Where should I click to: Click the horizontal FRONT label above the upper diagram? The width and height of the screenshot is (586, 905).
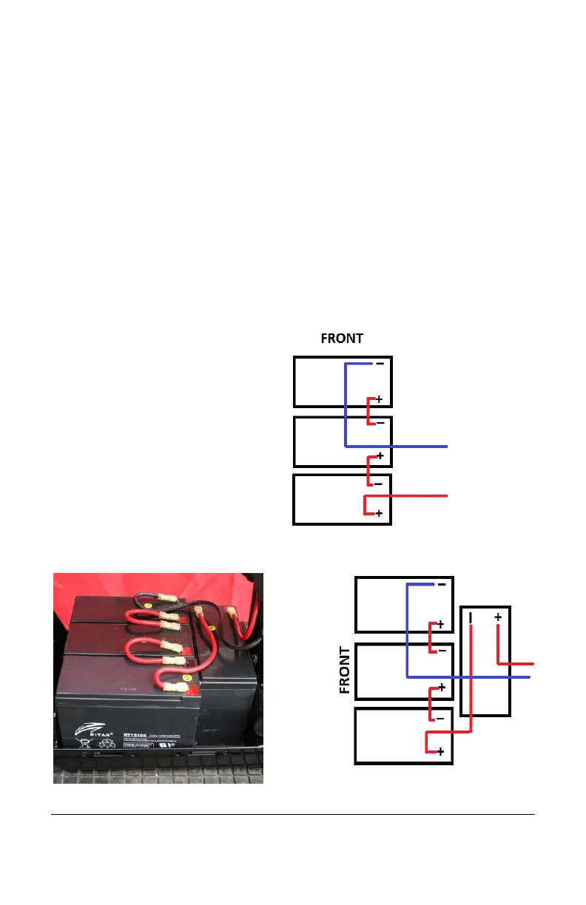[x=341, y=339]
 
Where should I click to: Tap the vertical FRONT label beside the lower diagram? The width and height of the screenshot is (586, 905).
[x=345, y=671]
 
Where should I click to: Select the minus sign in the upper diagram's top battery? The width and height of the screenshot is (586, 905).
[x=380, y=364]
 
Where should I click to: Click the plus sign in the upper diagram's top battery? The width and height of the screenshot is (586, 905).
[x=379, y=399]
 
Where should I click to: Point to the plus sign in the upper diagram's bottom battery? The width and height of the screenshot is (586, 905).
[x=379, y=513]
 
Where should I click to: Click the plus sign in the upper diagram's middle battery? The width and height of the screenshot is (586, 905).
[x=379, y=456]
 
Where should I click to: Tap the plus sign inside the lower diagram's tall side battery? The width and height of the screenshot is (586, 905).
[x=498, y=617]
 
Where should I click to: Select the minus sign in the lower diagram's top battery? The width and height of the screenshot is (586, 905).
[x=441, y=584]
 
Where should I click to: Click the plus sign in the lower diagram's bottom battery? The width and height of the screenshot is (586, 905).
[x=440, y=752]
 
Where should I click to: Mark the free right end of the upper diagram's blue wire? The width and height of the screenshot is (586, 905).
[x=447, y=447]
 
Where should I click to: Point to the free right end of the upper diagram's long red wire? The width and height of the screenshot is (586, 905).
[x=447, y=495]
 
